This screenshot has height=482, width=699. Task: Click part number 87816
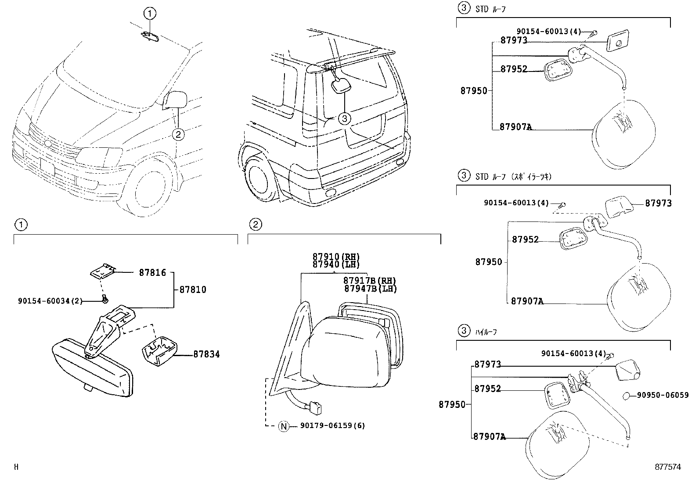pos(152,273)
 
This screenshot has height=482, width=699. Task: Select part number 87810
pos(192,290)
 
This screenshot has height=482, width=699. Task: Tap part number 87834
pos(206,354)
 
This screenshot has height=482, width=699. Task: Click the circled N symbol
pos(284,426)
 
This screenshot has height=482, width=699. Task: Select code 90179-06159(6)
pos(332,426)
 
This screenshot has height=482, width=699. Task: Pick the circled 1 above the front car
pos(149,14)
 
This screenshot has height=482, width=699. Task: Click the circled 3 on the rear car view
pos(345,118)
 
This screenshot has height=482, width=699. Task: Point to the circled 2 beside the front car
pos(178,134)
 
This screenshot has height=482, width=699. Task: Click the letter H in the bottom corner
pos(16,467)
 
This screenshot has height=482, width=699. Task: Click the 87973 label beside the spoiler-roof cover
pos(658,204)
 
